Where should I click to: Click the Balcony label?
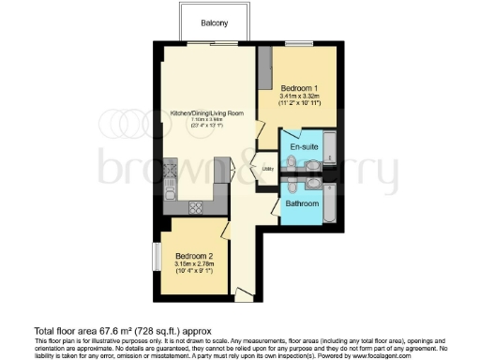[x=214, y=23]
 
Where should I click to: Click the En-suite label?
[x=301, y=148]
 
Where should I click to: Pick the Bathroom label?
[x=302, y=203]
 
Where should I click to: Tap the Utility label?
[x=267, y=170]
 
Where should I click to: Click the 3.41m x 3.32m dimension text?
[x=301, y=95]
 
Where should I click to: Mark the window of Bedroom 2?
[x=156, y=255]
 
